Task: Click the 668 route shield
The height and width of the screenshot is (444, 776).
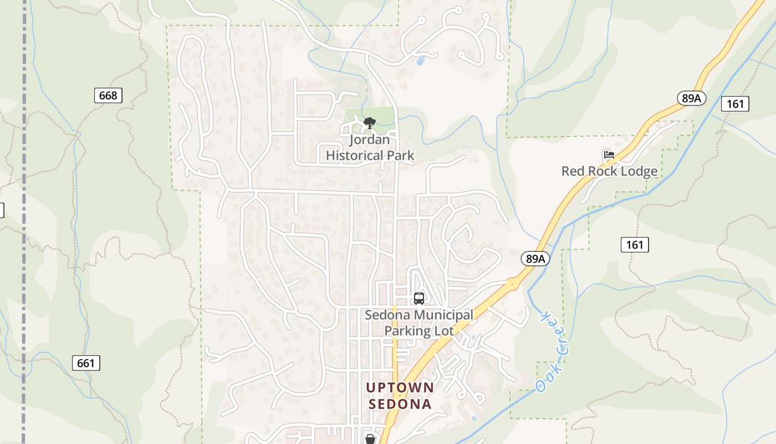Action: (x=108, y=95)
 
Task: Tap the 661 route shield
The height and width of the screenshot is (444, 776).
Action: (x=86, y=364)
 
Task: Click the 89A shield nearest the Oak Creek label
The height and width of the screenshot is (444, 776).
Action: (x=535, y=258)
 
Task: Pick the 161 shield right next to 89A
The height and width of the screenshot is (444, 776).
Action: (x=735, y=103)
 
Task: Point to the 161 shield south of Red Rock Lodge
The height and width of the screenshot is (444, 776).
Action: (x=635, y=244)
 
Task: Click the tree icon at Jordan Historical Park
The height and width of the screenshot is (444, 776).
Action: (x=369, y=123)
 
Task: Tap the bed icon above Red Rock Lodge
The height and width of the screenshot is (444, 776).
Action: (x=609, y=155)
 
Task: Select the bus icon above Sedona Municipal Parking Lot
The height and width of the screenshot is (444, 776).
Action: (x=419, y=299)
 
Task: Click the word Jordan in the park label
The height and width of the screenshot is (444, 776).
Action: (x=370, y=140)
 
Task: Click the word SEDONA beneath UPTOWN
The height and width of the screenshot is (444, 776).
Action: (x=400, y=404)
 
